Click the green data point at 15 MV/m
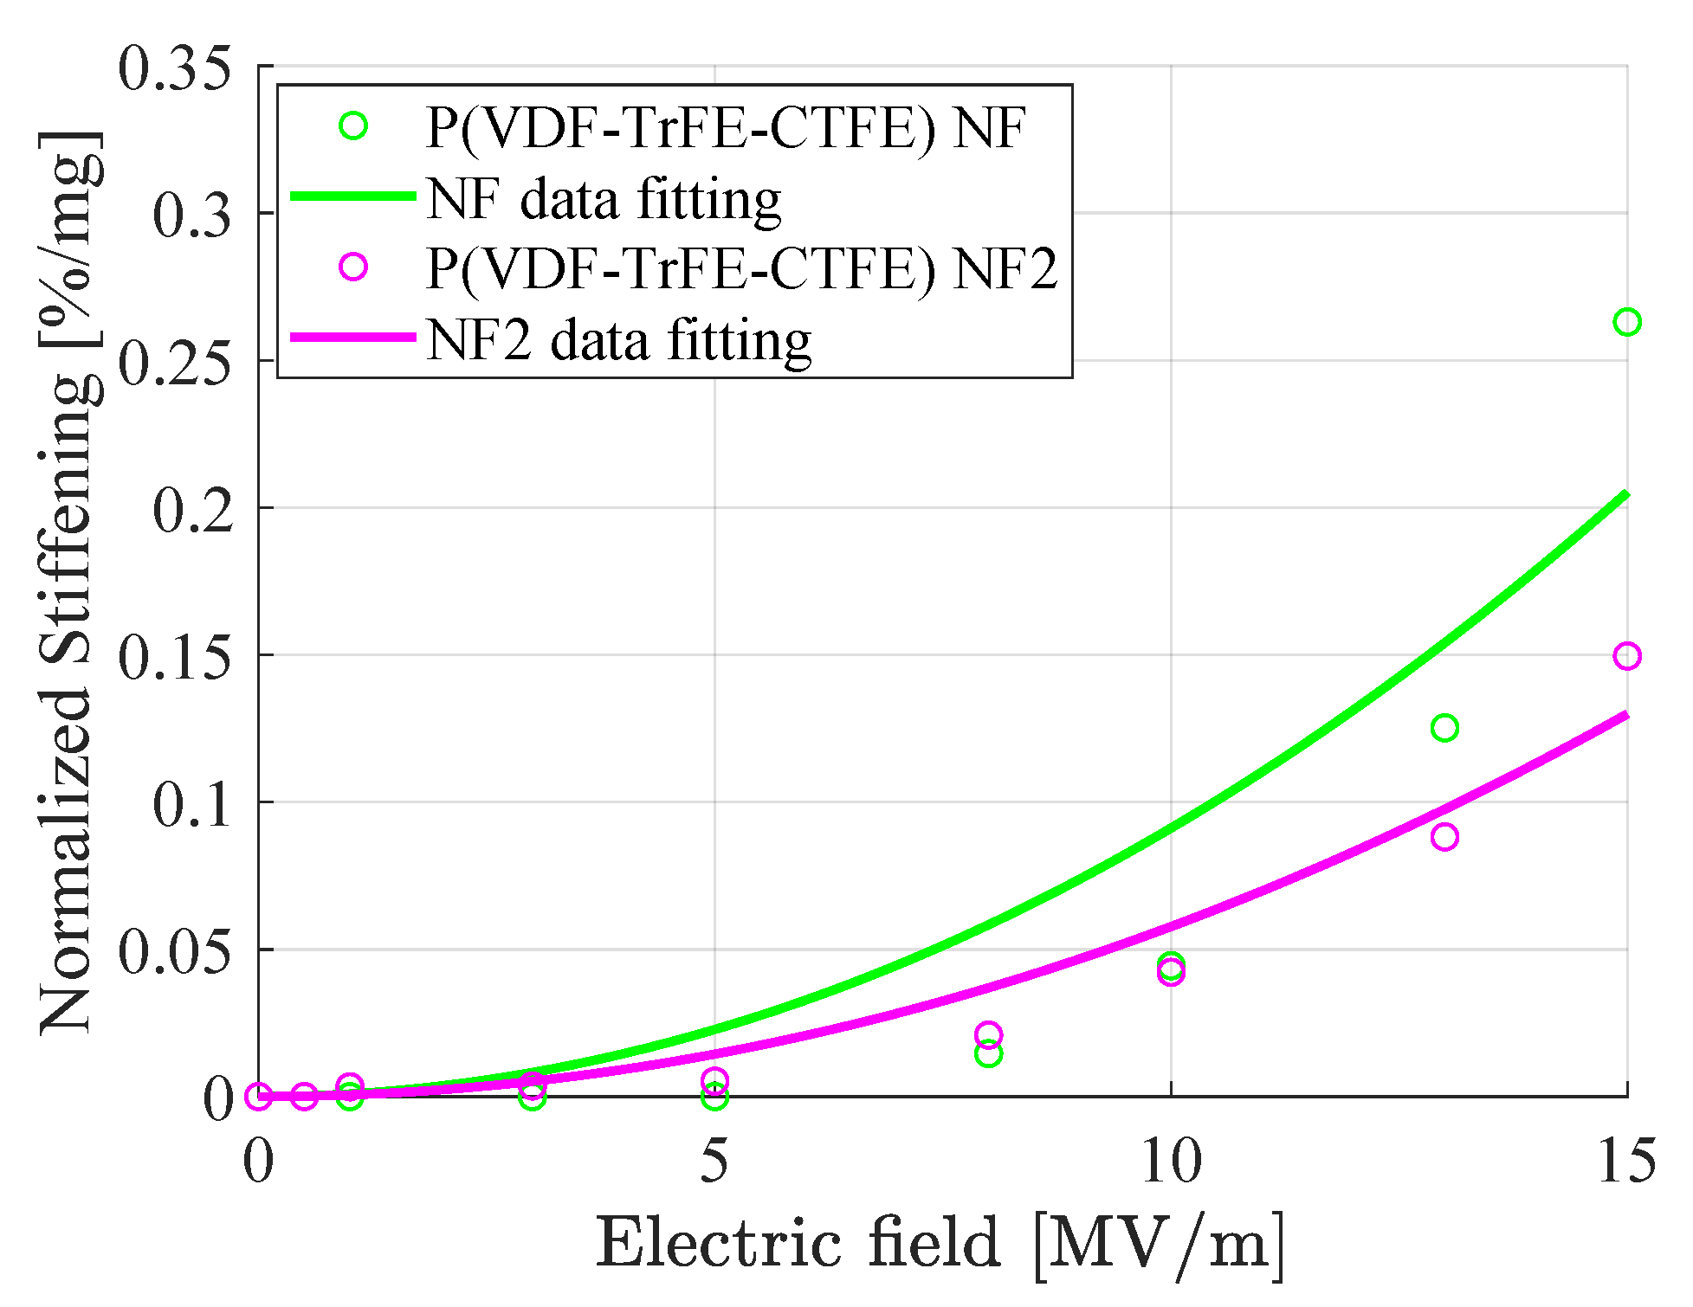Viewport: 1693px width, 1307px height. (1626, 322)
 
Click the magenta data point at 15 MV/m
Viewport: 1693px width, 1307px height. (1626, 656)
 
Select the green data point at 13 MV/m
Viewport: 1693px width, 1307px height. (1444, 728)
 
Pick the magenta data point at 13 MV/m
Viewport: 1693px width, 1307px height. (1444, 837)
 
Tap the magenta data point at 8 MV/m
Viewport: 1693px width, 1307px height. (988, 1034)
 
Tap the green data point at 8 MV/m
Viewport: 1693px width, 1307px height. (988, 1054)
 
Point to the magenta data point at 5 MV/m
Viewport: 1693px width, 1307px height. (714, 1079)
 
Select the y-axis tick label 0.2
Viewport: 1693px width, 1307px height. (193, 509)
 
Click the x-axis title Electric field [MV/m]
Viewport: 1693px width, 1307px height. (940, 1244)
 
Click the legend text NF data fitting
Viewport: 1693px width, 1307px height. (604, 199)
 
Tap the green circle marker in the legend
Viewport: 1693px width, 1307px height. (352, 126)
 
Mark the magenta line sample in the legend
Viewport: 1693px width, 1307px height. (352, 337)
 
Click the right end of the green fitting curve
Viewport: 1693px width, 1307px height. (1625, 495)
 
